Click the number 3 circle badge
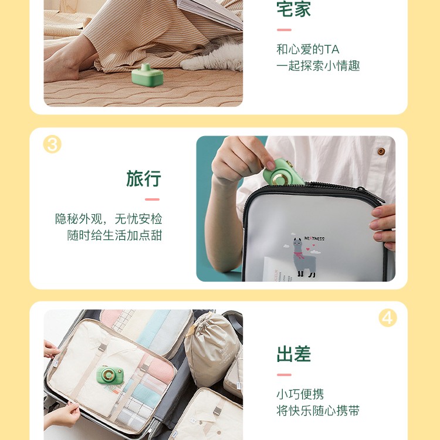(52, 144)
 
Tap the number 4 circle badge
(388, 317)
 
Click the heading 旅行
(144, 178)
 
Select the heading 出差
(294, 354)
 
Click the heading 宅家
(294, 9)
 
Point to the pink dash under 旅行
(152, 199)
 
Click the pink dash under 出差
(284, 375)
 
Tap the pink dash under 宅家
(284, 30)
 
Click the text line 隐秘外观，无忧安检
(109, 219)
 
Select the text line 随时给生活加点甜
(114, 235)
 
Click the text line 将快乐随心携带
(318, 411)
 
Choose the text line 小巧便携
(300, 394)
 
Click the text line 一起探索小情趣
(318, 66)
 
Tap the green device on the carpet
(147, 76)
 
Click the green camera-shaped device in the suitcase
(110, 375)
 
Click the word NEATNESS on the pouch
(314, 239)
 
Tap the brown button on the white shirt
(381, 151)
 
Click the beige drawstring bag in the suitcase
(212, 349)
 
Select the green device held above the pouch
(283, 172)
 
